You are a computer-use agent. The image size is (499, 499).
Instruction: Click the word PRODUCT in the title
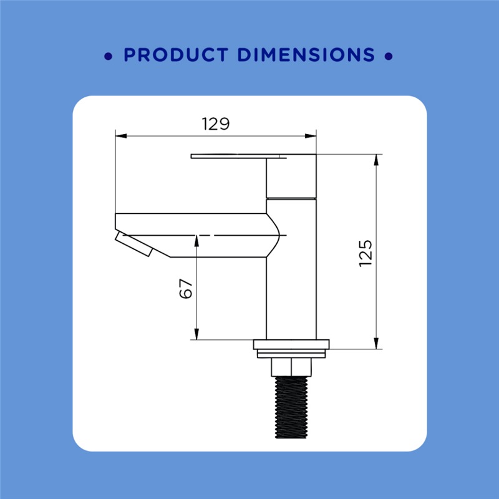176,54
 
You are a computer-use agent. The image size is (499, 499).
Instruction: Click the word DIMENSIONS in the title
306,54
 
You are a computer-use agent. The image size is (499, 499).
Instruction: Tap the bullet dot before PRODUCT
108,56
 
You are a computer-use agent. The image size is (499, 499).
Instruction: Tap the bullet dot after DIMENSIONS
388,56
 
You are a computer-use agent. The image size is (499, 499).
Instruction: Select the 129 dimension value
216,124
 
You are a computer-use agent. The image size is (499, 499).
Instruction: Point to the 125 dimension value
366,253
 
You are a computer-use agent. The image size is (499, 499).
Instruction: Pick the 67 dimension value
186,289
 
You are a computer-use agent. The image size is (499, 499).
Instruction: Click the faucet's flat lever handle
239,157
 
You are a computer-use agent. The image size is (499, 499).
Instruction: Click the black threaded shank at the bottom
291,407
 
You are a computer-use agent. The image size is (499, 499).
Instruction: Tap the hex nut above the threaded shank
291,367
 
